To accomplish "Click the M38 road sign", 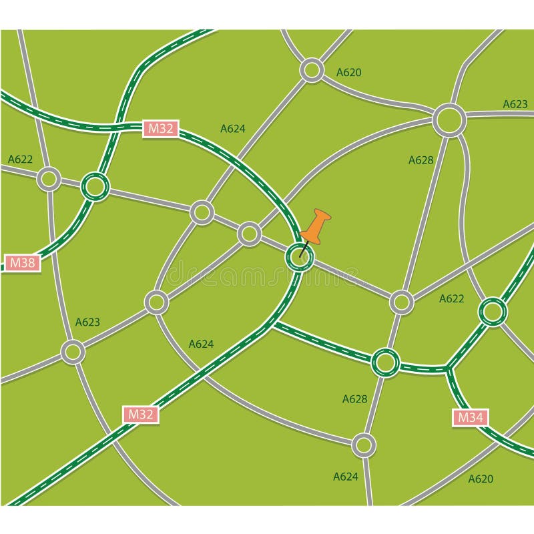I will tap(23, 262).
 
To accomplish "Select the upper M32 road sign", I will tap(160, 129).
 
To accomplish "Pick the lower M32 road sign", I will tap(141, 414).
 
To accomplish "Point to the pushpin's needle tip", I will tap(300, 256).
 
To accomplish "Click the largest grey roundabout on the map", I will tap(449, 121).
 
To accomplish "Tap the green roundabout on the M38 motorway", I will tap(95, 186).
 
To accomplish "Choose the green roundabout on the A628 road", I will tap(384, 362).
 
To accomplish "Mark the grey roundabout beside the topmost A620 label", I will tap(312, 69).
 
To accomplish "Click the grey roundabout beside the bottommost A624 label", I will tap(364, 444).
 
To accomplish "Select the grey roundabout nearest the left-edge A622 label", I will tap(49, 179).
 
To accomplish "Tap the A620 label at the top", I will tap(348, 72).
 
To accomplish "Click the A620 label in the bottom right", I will tap(480, 479).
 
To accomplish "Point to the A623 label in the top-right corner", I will tap(515, 104).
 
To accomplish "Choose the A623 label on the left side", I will tap(87, 322).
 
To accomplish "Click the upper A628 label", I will tap(421, 160).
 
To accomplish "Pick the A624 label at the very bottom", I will tap(345, 477).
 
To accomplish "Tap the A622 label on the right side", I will tap(451, 298).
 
